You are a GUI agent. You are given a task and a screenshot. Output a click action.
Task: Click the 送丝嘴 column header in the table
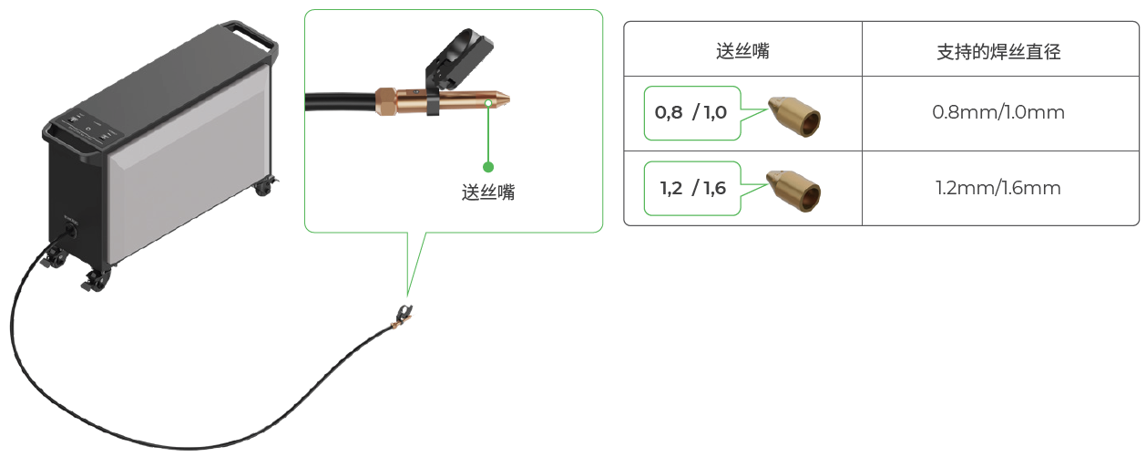click(742, 51)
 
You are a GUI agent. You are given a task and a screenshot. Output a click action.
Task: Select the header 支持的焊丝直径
click(998, 52)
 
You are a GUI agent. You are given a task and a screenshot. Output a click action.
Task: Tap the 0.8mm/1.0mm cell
click(998, 112)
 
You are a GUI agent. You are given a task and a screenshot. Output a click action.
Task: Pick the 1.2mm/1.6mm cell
click(998, 188)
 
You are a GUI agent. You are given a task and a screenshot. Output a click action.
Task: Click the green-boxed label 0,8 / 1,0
click(691, 113)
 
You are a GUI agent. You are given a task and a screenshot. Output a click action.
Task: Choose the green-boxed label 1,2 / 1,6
click(691, 188)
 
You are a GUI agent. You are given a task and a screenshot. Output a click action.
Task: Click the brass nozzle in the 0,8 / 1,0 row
click(794, 116)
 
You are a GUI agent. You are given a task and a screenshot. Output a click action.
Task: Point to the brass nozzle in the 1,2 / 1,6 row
click(794, 191)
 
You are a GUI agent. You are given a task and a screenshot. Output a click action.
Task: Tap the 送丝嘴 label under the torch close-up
click(488, 192)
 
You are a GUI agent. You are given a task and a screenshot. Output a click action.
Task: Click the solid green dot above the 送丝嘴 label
click(488, 167)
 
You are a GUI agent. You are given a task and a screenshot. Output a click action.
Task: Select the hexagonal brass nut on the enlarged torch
click(387, 101)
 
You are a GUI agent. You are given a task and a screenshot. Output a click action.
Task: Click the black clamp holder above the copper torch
click(457, 60)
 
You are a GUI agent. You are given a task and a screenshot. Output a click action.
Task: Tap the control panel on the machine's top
click(88, 127)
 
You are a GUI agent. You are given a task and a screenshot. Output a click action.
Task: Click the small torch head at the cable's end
click(403, 317)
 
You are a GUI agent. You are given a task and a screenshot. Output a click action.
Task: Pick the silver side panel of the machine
click(189, 163)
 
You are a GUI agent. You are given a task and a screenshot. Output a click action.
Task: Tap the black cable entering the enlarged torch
click(341, 101)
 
